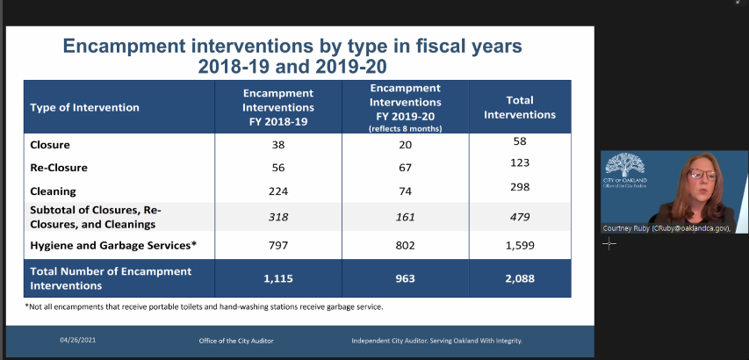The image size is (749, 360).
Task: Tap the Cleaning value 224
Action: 278,191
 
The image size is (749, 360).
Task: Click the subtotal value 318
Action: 278,215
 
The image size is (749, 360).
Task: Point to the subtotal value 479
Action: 520,215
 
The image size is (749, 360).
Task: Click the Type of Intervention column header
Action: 84,108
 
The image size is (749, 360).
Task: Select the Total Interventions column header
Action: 520,107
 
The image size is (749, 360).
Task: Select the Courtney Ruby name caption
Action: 667,227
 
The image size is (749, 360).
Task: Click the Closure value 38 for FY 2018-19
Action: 278,144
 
